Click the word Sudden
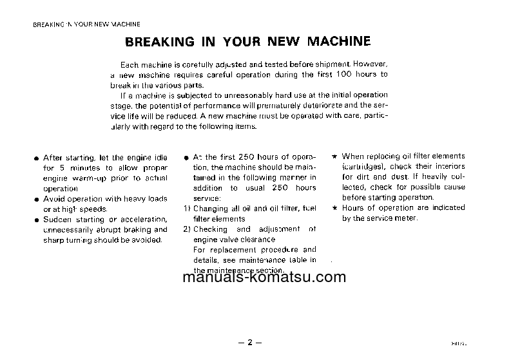[x=57, y=220]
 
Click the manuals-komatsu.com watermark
[x=264, y=278]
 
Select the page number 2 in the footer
[x=249, y=343]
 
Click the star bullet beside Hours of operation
[x=334, y=208]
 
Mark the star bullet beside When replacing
[x=334, y=156]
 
